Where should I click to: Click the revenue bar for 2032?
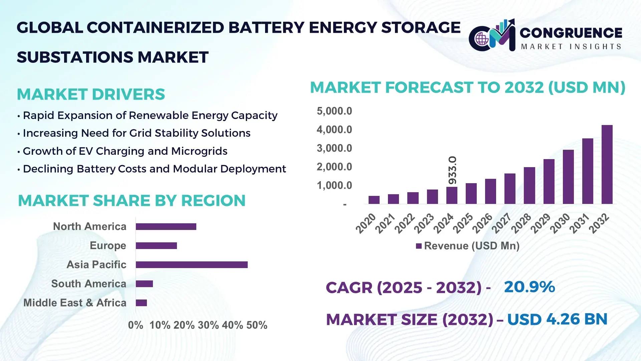point(607,164)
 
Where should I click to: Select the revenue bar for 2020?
point(374,200)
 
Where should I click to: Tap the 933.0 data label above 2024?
point(452,170)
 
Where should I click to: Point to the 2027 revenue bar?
point(510,189)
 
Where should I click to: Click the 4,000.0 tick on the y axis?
point(334,130)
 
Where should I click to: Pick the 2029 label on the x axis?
point(541,223)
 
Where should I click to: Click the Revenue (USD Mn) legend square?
point(419,246)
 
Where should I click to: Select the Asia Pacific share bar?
point(192,265)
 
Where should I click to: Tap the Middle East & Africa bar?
point(141,303)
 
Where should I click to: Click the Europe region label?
point(108,246)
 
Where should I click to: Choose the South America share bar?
point(144,284)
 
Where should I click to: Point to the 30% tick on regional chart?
point(208,325)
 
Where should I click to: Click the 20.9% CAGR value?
point(529,287)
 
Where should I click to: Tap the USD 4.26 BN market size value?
point(557,319)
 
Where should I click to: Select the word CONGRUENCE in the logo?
point(571,33)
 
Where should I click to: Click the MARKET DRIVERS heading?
point(91,94)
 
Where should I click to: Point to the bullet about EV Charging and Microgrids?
point(125,151)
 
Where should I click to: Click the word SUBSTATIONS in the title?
point(75,57)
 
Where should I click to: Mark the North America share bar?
point(166,227)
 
